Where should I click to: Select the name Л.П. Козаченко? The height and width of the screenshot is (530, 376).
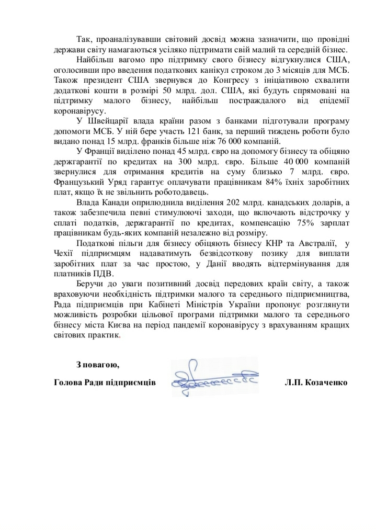pyautogui.click(x=316, y=382)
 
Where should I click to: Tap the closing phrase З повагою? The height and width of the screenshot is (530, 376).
pyautogui.click(x=98, y=364)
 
